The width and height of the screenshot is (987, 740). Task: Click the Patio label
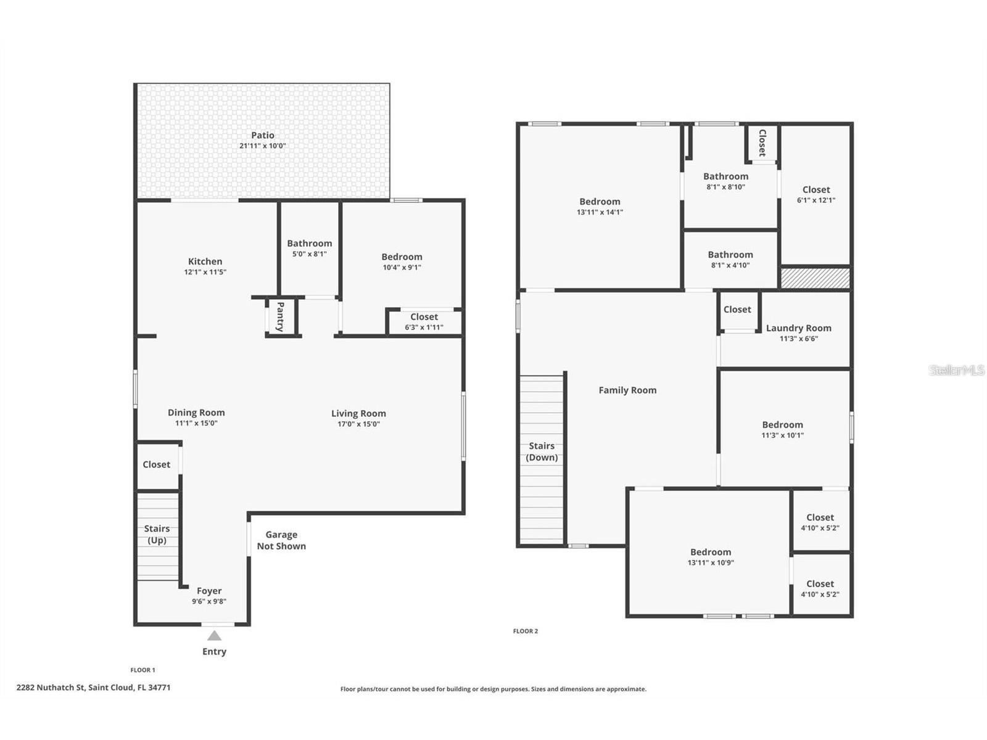[262, 135]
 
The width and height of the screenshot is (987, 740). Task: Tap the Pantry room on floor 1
[281, 317]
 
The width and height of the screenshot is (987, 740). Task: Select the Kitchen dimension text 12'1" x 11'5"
[205, 272]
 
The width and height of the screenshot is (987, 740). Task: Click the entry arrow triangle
[214, 636]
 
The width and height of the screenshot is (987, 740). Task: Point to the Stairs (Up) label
[157, 534]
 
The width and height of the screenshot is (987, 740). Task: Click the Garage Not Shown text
[281, 540]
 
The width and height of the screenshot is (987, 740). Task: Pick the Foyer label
[209, 591]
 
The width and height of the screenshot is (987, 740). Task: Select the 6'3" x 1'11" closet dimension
[424, 327]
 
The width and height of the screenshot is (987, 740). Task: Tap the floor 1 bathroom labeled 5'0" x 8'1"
[309, 248]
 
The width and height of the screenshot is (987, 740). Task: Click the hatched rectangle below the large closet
[816, 278]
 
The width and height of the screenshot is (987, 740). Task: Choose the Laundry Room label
[798, 328]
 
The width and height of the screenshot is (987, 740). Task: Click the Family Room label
[627, 390]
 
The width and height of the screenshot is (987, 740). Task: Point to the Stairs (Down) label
[542, 451]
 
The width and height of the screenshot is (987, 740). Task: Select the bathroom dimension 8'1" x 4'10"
[730, 265]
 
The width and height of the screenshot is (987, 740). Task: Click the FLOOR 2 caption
[526, 631]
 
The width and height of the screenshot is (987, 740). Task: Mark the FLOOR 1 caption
[142, 670]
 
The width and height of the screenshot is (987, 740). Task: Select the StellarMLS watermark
[956, 370]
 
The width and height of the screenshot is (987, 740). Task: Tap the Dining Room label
[196, 413]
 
